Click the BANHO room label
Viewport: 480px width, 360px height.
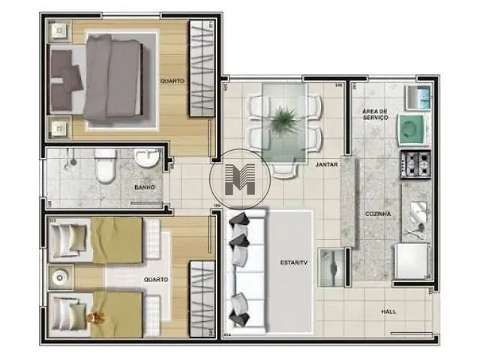[x=144, y=187]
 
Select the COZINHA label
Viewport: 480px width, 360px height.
[x=378, y=214]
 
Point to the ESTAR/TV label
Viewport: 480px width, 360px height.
[x=293, y=262]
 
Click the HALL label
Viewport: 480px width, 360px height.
[x=388, y=311]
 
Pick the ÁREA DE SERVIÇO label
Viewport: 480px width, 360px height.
[x=375, y=114]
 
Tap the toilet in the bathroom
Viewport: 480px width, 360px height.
[x=105, y=166]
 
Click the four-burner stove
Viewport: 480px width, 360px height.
[x=415, y=163]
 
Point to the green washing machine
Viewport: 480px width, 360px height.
[x=412, y=128]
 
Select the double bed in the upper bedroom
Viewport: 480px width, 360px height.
[x=105, y=78]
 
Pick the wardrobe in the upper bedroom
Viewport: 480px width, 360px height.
[x=201, y=69]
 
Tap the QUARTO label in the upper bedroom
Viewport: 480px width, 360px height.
[x=172, y=80]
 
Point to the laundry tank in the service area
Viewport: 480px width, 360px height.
[x=417, y=97]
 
